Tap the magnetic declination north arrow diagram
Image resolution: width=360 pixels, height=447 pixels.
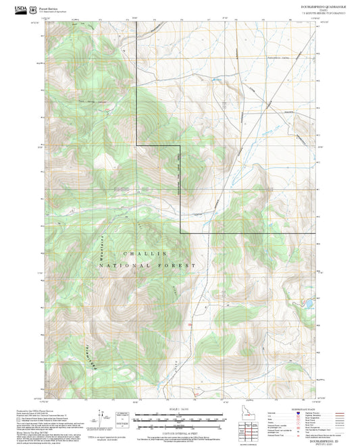click(x=103, y=417)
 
